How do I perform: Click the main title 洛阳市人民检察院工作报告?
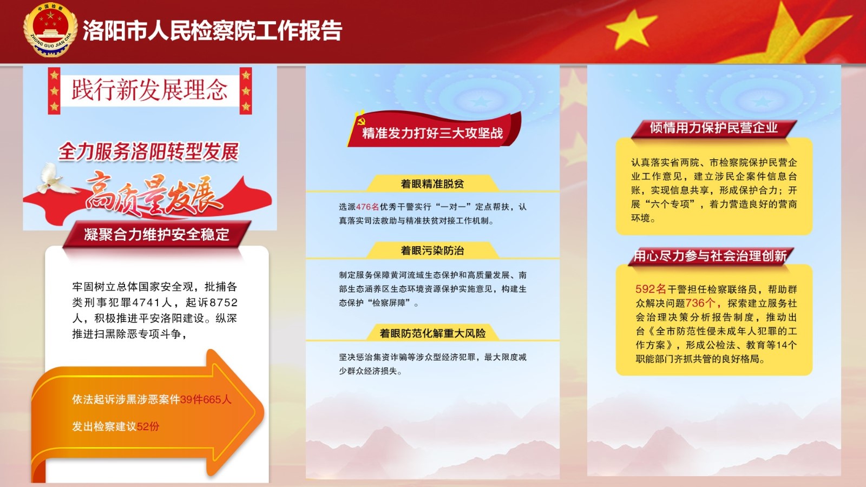(212, 30)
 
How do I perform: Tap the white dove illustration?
(54, 179)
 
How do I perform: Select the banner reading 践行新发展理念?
(150, 90)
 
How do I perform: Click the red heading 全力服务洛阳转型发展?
(149, 152)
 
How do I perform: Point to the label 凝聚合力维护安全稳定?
(156, 234)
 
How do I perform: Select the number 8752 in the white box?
(224, 302)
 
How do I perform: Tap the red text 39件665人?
(206, 399)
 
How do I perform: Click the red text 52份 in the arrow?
(148, 426)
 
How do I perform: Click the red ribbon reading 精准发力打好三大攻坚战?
(434, 130)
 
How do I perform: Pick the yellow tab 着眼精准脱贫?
(432, 183)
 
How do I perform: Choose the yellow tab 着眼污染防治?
(432, 251)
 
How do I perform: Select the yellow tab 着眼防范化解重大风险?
(432, 333)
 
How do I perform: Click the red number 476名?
(368, 207)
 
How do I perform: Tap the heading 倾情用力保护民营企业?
(714, 128)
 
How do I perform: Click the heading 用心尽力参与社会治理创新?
(711, 256)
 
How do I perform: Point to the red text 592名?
(651, 289)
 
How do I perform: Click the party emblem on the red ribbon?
(362, 121)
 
